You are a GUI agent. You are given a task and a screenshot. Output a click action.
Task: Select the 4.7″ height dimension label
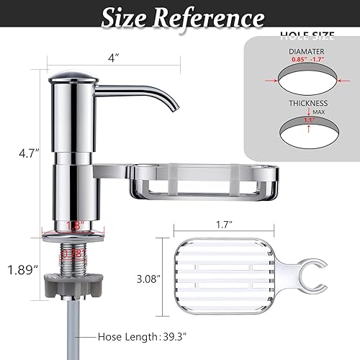pyautogui.click(x=18, y=153)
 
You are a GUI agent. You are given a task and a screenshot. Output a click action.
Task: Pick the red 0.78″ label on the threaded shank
pyautogui.click(x=73, y=254)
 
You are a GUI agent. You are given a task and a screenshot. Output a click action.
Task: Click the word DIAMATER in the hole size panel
pyautogui.click(x=307, y=51)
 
